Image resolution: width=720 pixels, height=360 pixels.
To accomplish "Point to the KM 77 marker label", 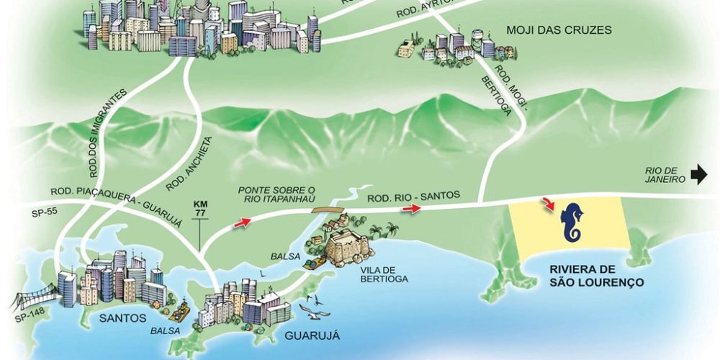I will [x=200, y=208].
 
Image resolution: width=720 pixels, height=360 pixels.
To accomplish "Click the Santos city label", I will [x=123, y=318].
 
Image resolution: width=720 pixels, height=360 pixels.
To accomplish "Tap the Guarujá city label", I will [x=312, y=336].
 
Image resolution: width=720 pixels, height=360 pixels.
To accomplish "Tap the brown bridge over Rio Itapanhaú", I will [x=328, y=212].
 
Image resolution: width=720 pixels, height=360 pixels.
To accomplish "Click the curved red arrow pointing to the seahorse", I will [x=549, y=203].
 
